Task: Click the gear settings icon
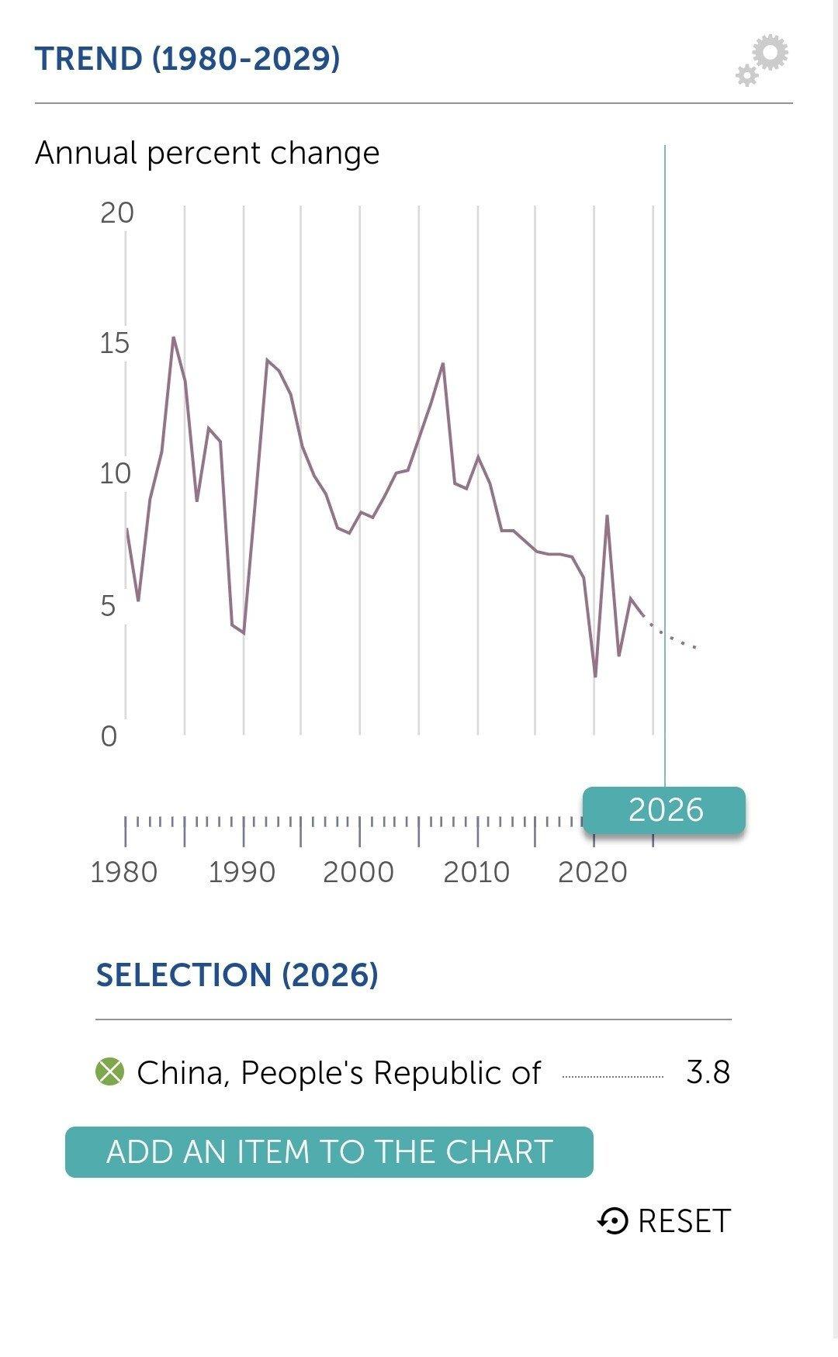[762, 60]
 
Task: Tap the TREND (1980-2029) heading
[188, 59]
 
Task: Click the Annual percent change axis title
[207, 153]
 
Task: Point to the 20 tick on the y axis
[117, 213]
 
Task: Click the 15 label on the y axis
[115, 343]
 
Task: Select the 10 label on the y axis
[115, 473]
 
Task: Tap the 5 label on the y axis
[108, 605]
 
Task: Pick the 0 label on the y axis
[109, 736]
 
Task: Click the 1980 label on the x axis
[124, 872]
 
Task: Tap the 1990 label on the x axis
[242, 872]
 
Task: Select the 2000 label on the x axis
[358, 872]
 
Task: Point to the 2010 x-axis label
[476, 872]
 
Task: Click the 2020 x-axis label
[593, 872]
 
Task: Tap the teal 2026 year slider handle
[664, 810]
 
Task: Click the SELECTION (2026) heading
[237, 975]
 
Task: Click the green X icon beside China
[109, 1072]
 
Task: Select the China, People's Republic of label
[338, 1073]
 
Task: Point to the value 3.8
[708, 1072]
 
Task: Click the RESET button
[664, 1221]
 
